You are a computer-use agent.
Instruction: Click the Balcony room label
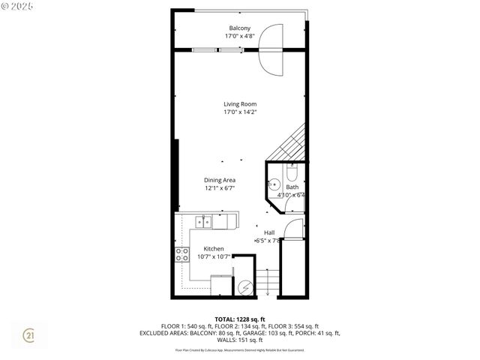(x=239, y=28)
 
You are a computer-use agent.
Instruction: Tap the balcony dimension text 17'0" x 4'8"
(x=239, y=36)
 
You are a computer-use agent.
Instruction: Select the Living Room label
(x=239, y=103)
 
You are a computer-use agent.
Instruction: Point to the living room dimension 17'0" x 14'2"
(x=239, y=112)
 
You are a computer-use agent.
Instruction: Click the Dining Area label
(x=220, y=180)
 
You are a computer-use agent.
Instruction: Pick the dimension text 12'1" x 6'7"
(x=220, y=188)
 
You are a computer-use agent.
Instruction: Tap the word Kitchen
(x=214, y=248)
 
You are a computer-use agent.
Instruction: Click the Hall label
(x=268, y=232)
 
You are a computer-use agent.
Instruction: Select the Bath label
(x=291, y=187)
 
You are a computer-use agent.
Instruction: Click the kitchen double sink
(x=202, y=221)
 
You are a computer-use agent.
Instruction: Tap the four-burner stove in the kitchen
(x=181, y=254)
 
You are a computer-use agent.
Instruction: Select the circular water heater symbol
(x=244, y=286)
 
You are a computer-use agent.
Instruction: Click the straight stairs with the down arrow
(x=267, y=283)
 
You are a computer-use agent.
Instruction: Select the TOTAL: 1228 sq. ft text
(x=239, y=319)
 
